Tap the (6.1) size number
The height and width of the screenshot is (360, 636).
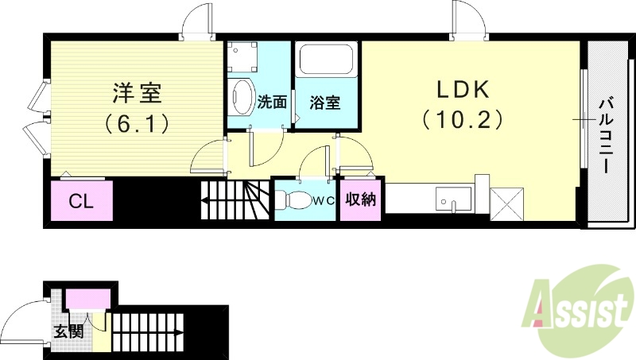135,123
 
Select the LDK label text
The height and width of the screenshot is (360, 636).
462,89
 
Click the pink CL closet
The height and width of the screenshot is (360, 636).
80,201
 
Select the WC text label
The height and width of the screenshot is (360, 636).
322,200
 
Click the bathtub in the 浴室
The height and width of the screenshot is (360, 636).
327,61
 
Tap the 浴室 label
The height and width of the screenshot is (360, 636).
325,103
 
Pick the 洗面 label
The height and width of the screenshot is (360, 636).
272,103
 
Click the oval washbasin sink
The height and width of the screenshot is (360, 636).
241,97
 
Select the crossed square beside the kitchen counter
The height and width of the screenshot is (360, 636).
506,202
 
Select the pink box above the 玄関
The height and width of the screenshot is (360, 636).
87,300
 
